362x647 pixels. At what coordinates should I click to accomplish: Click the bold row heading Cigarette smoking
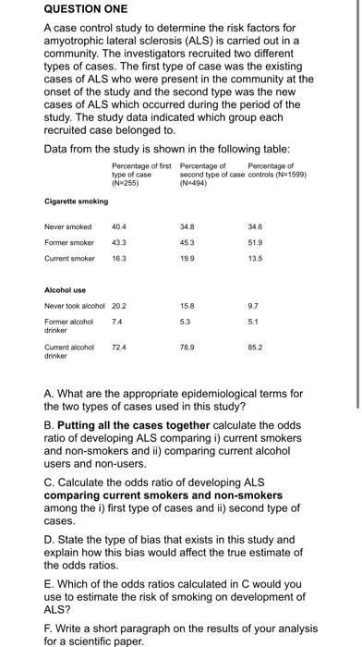click(x=76, y=200)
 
